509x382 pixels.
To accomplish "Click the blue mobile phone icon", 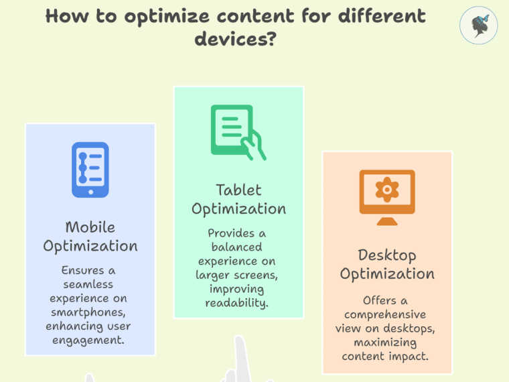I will click(x=90, y=170).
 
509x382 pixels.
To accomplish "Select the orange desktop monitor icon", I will click(x=386, y=197).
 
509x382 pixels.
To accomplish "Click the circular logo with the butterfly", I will click(x=478, y=25).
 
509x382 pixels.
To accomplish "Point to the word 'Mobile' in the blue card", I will click(x=90, y=227).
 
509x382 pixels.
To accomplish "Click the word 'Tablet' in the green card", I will click(x=238, y=190).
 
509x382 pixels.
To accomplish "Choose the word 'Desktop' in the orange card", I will click(x=387, y=255).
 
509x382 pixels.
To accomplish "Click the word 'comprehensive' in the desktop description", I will click(x=385, y=314).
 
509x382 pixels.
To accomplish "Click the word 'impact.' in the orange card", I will click(x=413, y=356).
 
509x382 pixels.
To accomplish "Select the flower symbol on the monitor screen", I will click(x=387, y=190).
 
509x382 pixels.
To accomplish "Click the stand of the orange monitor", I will click(x=386, y=218).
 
